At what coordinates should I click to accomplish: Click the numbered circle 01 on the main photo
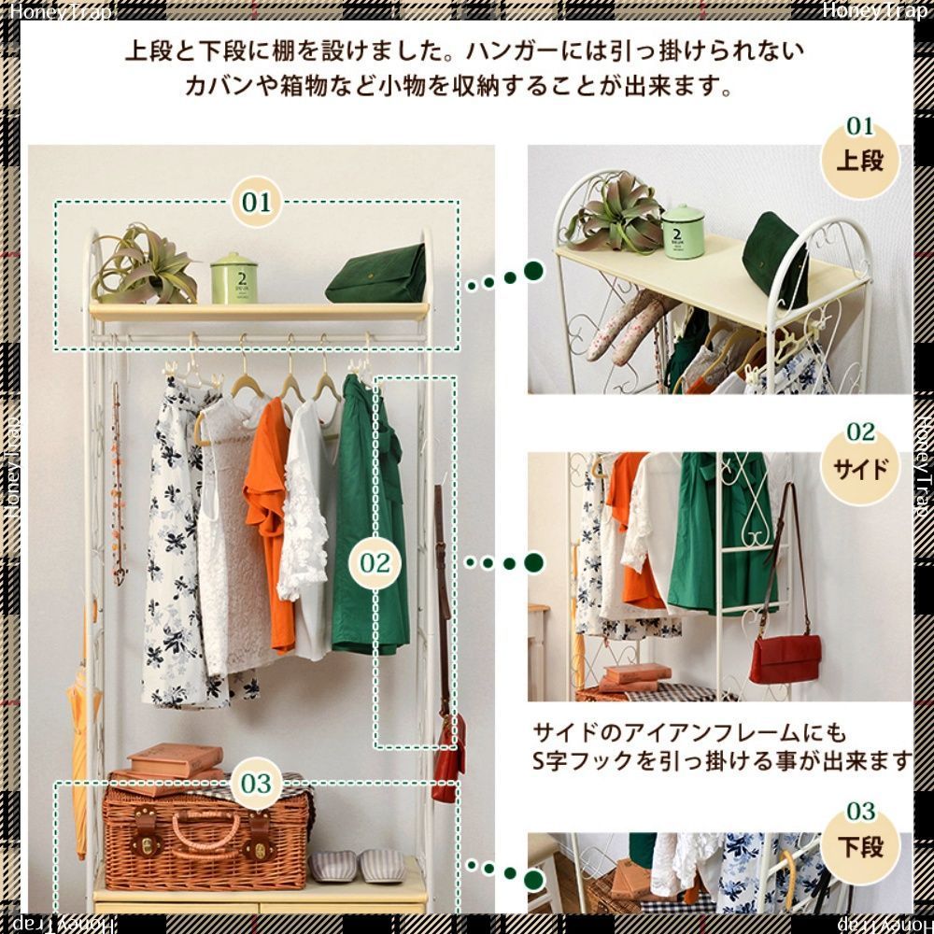(x=256, y=202)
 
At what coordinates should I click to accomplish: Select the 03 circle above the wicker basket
(x=255, y=783)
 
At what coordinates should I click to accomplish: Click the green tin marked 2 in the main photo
(x=233, y=277)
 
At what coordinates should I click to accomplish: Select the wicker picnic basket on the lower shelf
(x=205, y=835)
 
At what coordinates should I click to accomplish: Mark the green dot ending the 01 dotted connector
(x=533, y=272)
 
